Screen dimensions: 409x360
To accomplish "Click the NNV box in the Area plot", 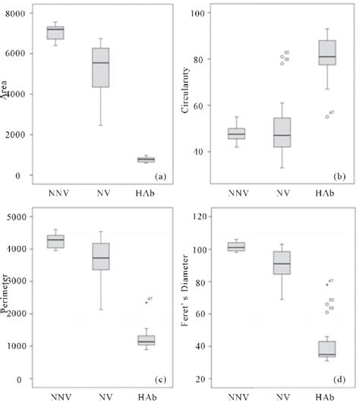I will [55, 33].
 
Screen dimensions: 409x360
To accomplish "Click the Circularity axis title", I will [185, 95].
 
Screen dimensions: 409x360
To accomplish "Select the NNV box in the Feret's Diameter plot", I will [237, 246].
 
